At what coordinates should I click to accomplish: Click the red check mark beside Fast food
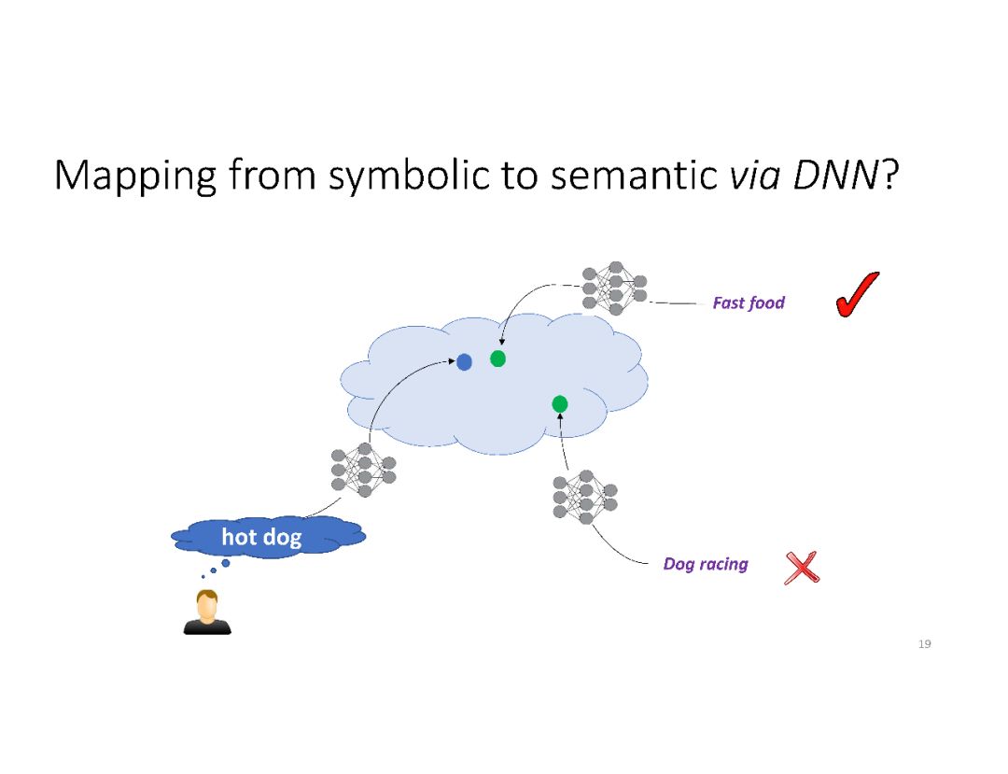point(857,295)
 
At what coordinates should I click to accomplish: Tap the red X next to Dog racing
point(802,567)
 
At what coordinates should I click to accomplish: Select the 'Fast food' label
point(749,303)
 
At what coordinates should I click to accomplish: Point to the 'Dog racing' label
point(706,564)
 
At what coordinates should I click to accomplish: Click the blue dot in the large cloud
point(464,361)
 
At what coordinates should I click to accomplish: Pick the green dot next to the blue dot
point(497,359)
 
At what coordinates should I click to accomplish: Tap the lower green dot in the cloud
point(560,403)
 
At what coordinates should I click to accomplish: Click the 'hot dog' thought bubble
point(265,537)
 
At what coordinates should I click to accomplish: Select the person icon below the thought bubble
point(206,612)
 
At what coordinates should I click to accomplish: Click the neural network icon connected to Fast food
point(614,287)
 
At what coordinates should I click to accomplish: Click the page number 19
point(925,644)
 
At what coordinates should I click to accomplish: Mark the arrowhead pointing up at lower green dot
point(560,416)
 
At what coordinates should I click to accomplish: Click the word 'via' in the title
point(750,175)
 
